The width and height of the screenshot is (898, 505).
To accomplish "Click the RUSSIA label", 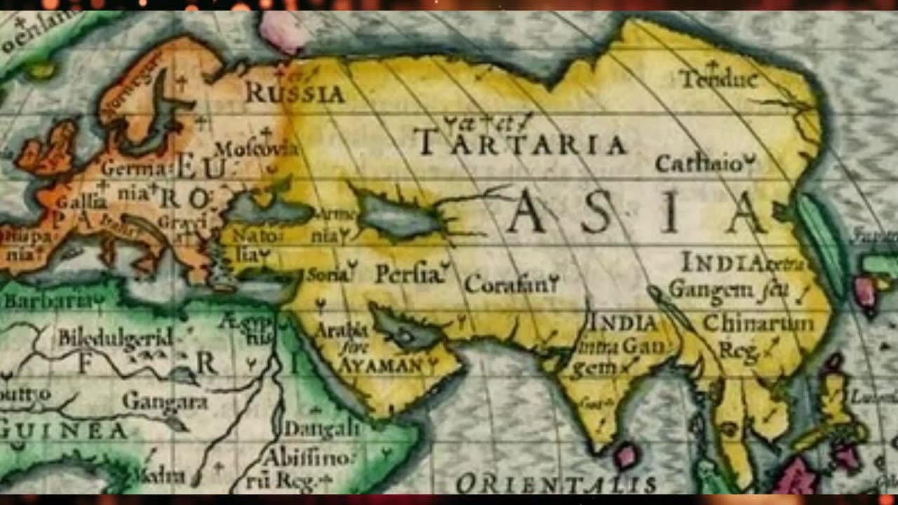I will [x=295, y=92].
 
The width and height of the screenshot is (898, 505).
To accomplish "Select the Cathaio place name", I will [x=702, y=163].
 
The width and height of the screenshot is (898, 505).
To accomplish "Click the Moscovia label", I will [x=255, y=149].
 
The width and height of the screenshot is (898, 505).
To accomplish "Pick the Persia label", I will [x=411, y=274].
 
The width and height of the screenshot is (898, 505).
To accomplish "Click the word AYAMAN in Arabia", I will [x=382, y=365].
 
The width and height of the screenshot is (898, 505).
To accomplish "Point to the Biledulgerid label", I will [x=115, y=337].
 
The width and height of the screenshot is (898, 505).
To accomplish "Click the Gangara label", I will [x=165, y=400].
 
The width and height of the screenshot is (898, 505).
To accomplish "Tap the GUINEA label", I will [x=63, y=429].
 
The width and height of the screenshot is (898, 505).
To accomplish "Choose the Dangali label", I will [x=322, y=428].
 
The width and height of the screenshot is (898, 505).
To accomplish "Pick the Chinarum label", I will [x=758, y=323].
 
